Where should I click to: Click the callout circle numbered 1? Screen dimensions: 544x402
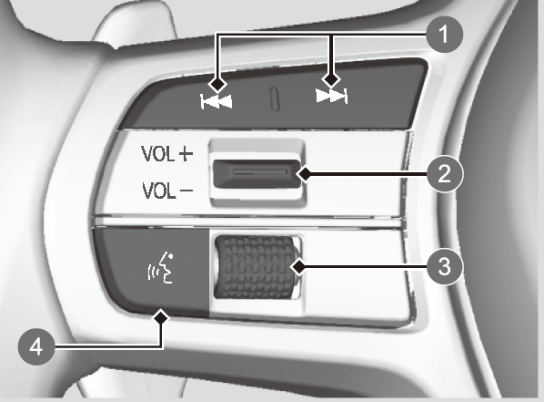445,35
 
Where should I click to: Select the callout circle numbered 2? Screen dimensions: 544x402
445,173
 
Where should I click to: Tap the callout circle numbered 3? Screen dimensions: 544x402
445,267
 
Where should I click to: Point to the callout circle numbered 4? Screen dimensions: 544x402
36,346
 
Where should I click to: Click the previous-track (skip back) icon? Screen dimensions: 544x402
217,102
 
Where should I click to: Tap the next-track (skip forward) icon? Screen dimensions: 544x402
331,96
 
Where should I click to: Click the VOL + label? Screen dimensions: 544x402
166,154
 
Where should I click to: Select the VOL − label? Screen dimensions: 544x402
167,191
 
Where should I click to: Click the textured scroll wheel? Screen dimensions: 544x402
256,267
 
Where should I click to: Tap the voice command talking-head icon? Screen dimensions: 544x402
161,267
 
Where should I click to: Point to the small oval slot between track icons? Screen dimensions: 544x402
275,99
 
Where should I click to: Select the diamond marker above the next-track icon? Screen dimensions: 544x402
331,79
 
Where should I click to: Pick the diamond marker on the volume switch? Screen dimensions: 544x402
305,174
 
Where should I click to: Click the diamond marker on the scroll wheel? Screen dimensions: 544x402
298,267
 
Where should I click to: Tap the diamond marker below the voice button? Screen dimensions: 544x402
162,317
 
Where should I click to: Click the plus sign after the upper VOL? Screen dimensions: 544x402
186,154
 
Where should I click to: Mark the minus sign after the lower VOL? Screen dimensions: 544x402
186,191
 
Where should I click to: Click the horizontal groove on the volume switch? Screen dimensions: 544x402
260,171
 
